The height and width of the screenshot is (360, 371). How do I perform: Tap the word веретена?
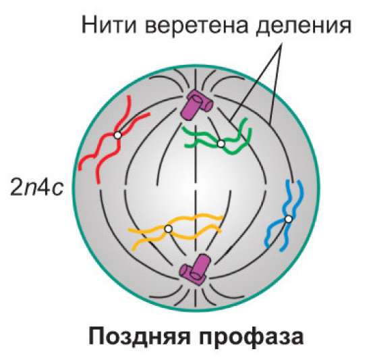pos(197,26)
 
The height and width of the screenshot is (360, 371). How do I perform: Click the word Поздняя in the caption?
pos(140,336)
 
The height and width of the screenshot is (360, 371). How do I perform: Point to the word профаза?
pos(251,337)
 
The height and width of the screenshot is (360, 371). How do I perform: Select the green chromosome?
pos(218,136)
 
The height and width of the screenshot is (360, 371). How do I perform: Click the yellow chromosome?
pos(175,231)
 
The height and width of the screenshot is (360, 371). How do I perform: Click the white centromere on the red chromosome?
pos(117,135)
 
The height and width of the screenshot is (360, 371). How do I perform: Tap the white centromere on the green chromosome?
pos(221,143)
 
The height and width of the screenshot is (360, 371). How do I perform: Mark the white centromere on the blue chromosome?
pos(289,219)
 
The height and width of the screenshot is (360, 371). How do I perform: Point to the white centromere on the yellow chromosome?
pos(168,229)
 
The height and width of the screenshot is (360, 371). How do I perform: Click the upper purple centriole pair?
pos(196,105)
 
